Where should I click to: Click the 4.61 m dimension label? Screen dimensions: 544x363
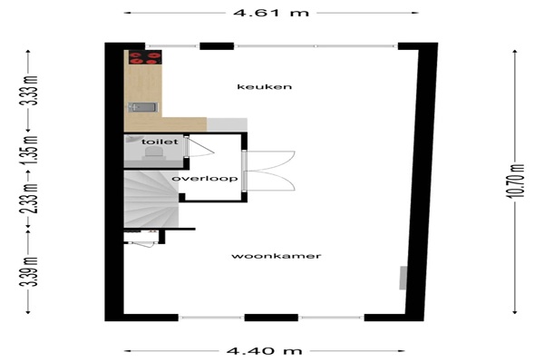pyautogui.click(x=271, y=14)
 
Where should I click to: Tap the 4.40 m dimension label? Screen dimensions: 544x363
pyautogui.click(x=265, y=351)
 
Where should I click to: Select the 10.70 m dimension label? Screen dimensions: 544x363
pyautogui.click(x=515, y=181)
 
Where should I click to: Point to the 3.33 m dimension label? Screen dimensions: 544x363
pyautogui.click(x=29, y=91)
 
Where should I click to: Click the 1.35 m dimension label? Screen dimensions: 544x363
pyautogui.click(x=29, y=152)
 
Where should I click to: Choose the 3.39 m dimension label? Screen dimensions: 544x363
pyautogui.click(x=29, y=271)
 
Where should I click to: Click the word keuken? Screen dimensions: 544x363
pyautogui.click(x=265, y=87)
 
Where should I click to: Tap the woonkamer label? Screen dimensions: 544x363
pyautogui.click(x=277, y=256)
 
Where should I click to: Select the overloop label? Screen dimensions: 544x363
pyautogui.click(x=205, y=179)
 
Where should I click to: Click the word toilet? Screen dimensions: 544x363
pyautogui.click(x=160, y=142)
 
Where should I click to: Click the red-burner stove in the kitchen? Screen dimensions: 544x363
pyautogui.click(x=145, y=57)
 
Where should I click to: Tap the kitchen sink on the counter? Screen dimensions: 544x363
pyautogui.click(x=143, y=107)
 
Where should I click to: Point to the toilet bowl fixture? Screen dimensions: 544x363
pyautogui.click(x=154, y=153)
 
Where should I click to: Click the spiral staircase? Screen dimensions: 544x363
pyautogui.click(x=151, y=199)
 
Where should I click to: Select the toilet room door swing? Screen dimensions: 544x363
pyautogui.click(x=200, y=147)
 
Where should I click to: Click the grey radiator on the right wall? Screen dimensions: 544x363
pyautogui.click(x=403, y=278)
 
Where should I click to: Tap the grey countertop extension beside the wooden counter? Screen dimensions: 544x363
pyautogui.click(x=227, y=124)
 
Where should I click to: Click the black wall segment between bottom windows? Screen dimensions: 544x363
pyautogui.click(x=271, y=318)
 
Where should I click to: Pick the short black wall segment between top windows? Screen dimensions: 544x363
pyautogui.click(x=217, y=46)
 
